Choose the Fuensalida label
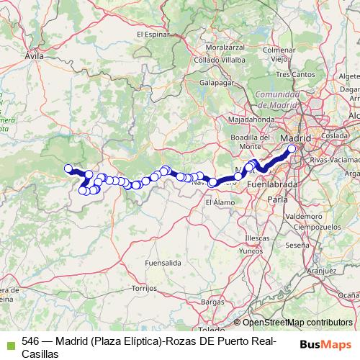click(x=162, y=264)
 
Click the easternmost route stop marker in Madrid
click(x=292, y=149)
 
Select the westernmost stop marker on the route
click(x=69, y=169)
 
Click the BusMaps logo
click(x=325, y=343)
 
